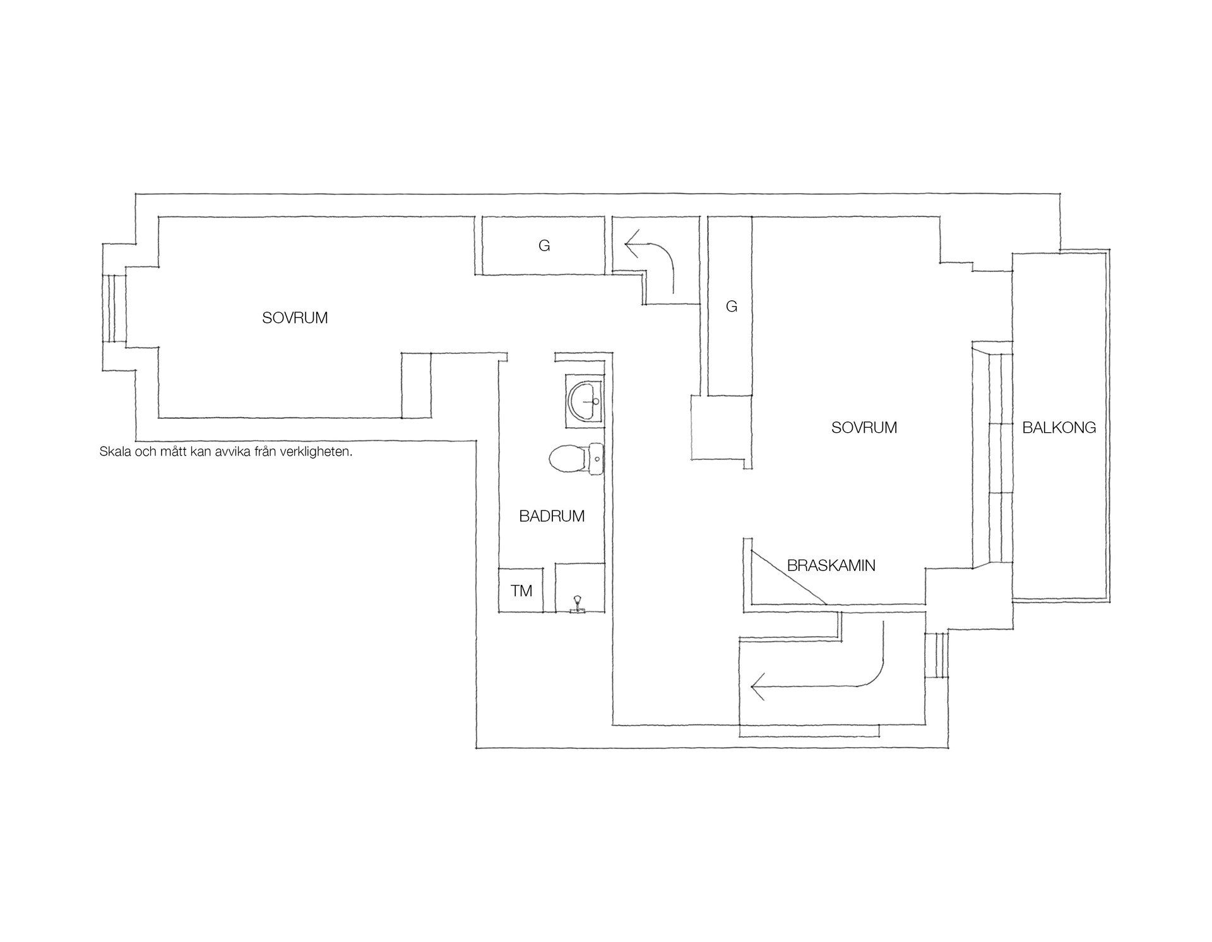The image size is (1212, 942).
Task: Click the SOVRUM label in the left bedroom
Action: coord(295,318)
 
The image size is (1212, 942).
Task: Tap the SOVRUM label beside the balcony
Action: coord(864,428)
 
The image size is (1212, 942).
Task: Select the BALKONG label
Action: coord(1059,428)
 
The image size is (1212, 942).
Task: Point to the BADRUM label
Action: coord(552,516)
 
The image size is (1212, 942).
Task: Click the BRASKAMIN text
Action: coord(831,565)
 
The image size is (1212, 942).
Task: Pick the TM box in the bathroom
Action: coord(521,591)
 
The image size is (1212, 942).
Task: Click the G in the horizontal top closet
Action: coord(544,245)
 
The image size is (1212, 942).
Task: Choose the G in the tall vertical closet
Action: coord(732,307)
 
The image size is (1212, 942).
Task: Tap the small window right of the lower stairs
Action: coord(937,655)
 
